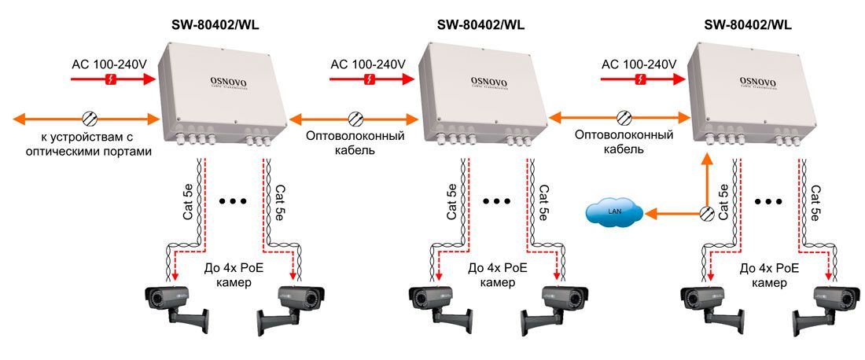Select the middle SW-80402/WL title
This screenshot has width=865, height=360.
coord(480,25)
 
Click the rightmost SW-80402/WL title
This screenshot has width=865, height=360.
coord(748,25)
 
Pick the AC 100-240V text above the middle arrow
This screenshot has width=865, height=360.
coord(368,64)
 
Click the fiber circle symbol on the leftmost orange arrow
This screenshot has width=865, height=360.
coord(90,118)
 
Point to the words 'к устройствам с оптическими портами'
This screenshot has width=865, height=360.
coord(89,143)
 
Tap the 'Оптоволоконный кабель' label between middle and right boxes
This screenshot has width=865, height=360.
coord(624,141)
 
